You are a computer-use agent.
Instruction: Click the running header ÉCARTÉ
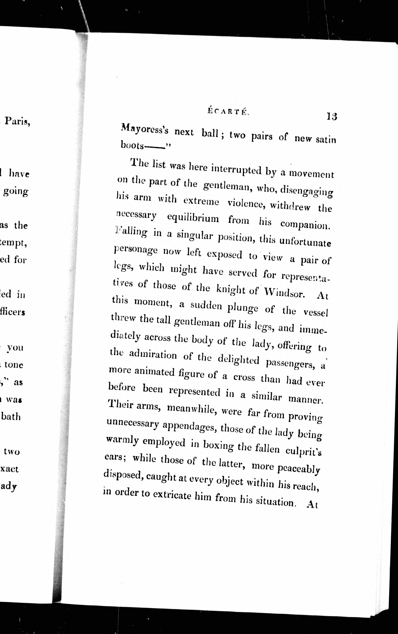pyautogui.click(x=228, y=111)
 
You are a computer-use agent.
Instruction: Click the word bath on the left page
pyautogui.click(x=11, y=417)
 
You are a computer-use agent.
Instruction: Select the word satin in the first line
pyautogui.click(x=326, y=139)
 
